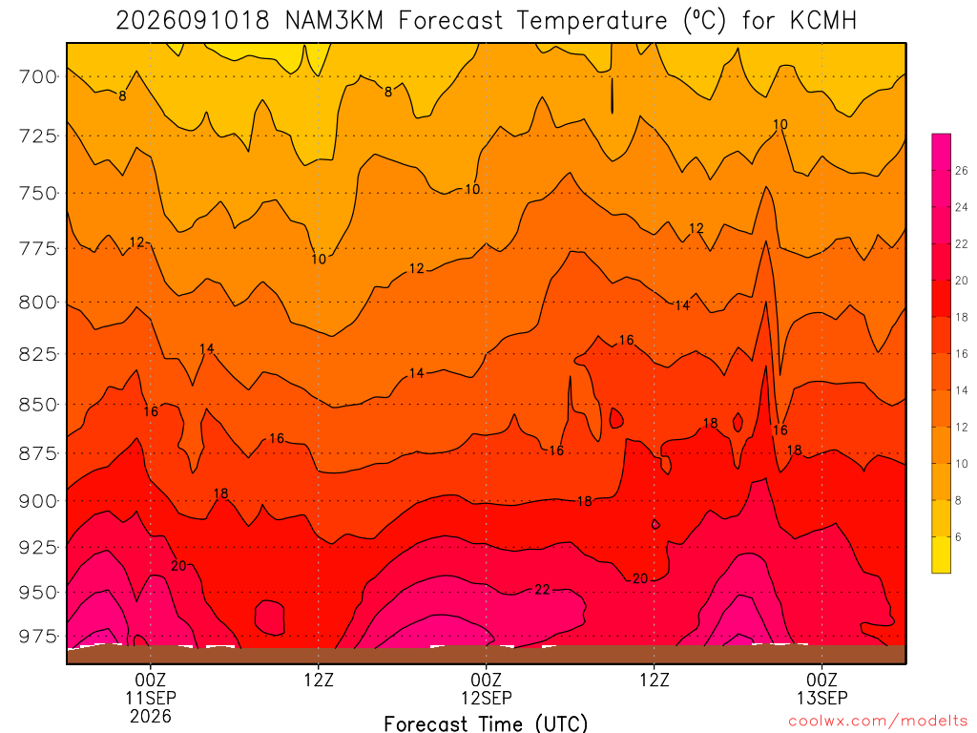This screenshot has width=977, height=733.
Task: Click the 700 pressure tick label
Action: point(37,76)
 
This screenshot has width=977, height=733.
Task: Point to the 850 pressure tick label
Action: point(37,405)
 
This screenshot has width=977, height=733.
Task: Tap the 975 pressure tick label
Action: point(37,637)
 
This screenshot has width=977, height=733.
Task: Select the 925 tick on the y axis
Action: point(37,547)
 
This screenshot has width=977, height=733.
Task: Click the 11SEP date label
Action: point(151,698)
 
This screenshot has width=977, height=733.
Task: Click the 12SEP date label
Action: point(487,698)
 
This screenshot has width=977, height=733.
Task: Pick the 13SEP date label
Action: point(822,698)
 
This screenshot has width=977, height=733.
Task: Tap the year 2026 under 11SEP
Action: point(151,716)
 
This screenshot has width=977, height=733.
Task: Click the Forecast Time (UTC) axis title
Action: point(486,723)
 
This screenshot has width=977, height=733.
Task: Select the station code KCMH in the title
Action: point(823,21)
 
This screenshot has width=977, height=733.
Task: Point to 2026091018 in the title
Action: point(193,21)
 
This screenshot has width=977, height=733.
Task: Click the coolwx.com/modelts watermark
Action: point(878,722)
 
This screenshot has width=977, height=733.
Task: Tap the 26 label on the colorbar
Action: point(962,170)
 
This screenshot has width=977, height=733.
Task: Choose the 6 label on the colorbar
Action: point(958,536)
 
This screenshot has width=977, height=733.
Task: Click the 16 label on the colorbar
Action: point(962,353)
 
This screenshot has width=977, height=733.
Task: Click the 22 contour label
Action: point(542,590)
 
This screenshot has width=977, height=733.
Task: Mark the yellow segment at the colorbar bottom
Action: point(941,555)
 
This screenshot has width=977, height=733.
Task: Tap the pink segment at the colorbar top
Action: point(941,152)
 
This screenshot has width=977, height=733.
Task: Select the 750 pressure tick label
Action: point(37,193)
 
